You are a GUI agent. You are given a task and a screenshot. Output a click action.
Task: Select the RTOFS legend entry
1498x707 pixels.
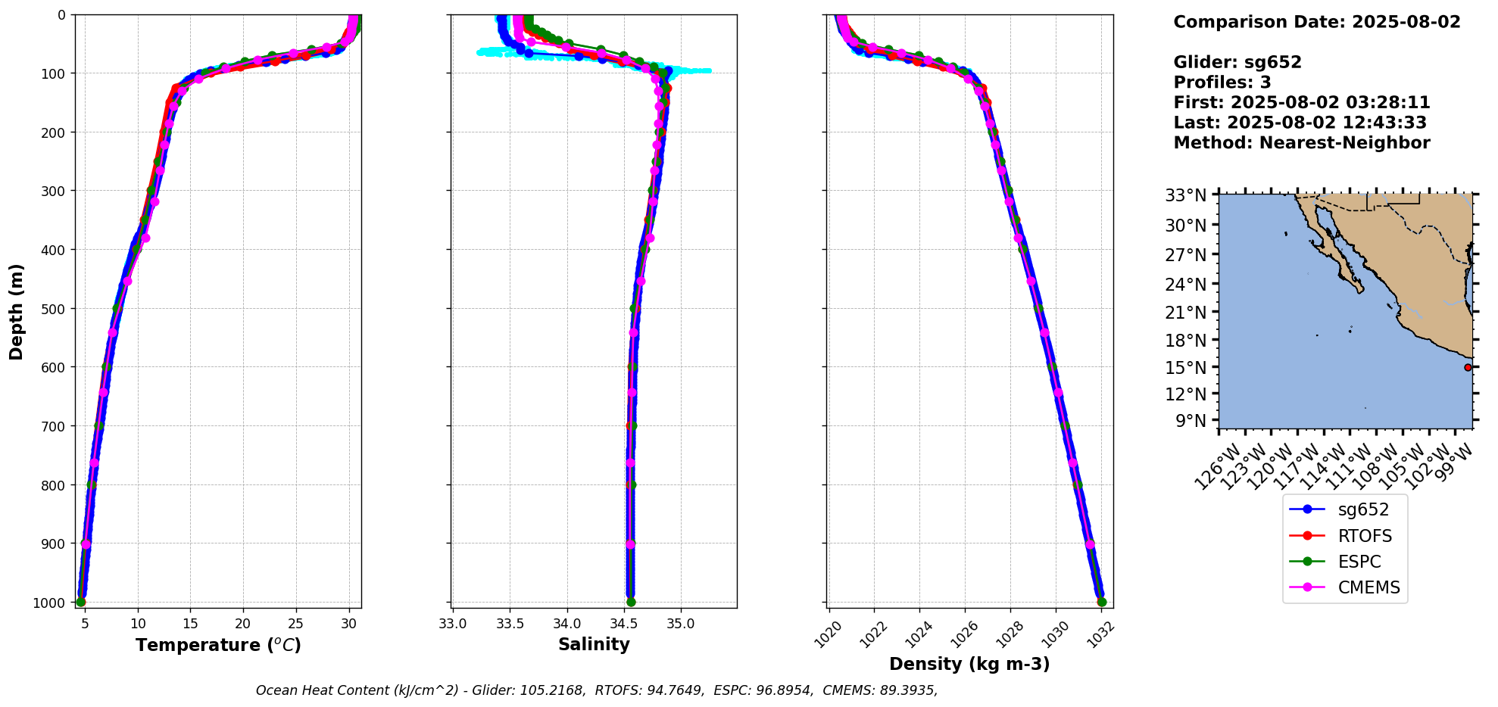[1364, 536]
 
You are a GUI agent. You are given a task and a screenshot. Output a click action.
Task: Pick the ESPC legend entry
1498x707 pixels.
[1359, 562]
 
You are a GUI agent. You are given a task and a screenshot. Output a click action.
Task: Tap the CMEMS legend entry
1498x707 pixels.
[1368, 587]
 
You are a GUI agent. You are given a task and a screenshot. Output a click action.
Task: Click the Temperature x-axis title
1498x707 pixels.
[218, 645]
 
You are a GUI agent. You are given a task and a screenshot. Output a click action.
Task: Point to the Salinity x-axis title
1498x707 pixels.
[594, 644]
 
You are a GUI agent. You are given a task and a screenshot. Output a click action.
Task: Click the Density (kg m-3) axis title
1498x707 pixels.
[969, 664]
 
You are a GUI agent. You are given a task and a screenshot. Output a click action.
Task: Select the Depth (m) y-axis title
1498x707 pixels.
[17, 311]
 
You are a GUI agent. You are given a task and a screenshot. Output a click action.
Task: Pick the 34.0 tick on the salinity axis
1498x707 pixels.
[566, 624]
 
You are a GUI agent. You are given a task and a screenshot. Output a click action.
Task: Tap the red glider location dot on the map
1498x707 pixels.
[1468, 367]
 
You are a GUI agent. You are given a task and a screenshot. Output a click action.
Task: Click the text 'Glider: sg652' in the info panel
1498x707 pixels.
[1237, 62]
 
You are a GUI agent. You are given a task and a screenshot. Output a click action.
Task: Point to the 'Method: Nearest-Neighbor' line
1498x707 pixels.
[1301, 142]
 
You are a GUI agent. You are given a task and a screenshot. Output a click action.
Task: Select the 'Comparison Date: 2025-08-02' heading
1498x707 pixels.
[1316, 22]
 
